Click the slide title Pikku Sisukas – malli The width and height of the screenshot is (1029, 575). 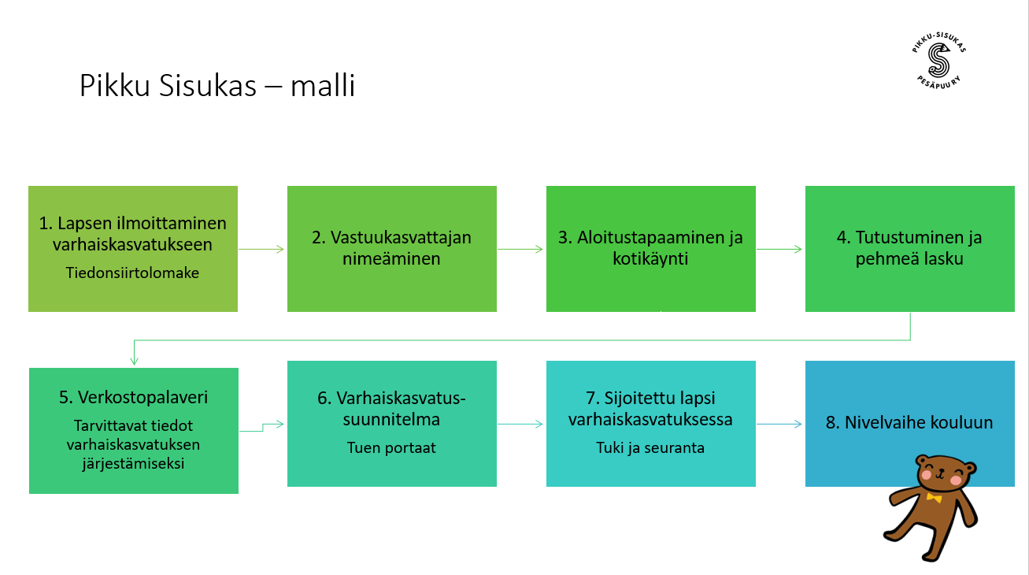[x=217, y=85]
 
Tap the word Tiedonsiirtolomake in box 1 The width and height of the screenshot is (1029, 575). [x=132, y=273]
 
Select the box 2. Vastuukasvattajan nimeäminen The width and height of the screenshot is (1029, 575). [x=391, y=248]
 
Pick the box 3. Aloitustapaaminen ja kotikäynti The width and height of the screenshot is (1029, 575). [x=650, y=248]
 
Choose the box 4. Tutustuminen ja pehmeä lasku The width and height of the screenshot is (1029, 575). [x=909, y=248]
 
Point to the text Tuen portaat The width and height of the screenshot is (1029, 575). [x=391, y=447]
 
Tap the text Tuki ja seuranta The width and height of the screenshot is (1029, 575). [x=650, y=447]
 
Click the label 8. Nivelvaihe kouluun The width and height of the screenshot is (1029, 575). [x=909, y=423]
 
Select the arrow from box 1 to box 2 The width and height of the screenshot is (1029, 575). [x=261, y=249]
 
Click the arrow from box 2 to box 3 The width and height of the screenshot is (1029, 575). [x=520, y=249]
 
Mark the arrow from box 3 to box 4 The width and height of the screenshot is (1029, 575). [x=779, y=249]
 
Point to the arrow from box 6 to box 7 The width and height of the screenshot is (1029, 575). [x=520, y=424]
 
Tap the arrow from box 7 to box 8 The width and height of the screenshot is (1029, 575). [x=779, y=424]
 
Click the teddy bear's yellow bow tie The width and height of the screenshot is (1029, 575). [x=934, y=498]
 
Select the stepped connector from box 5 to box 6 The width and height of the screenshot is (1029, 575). [x=263, y=426]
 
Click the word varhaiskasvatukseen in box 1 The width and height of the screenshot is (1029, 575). [x=132, y=244]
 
